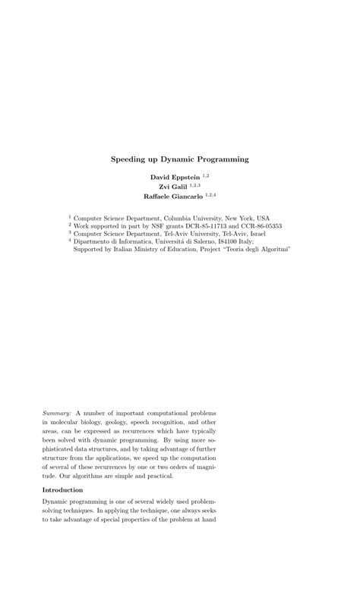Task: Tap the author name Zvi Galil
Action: pos(172,186)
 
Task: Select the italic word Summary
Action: pos(57,412)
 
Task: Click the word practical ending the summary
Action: pos(157,476)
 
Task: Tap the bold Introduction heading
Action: pos(62,490)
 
